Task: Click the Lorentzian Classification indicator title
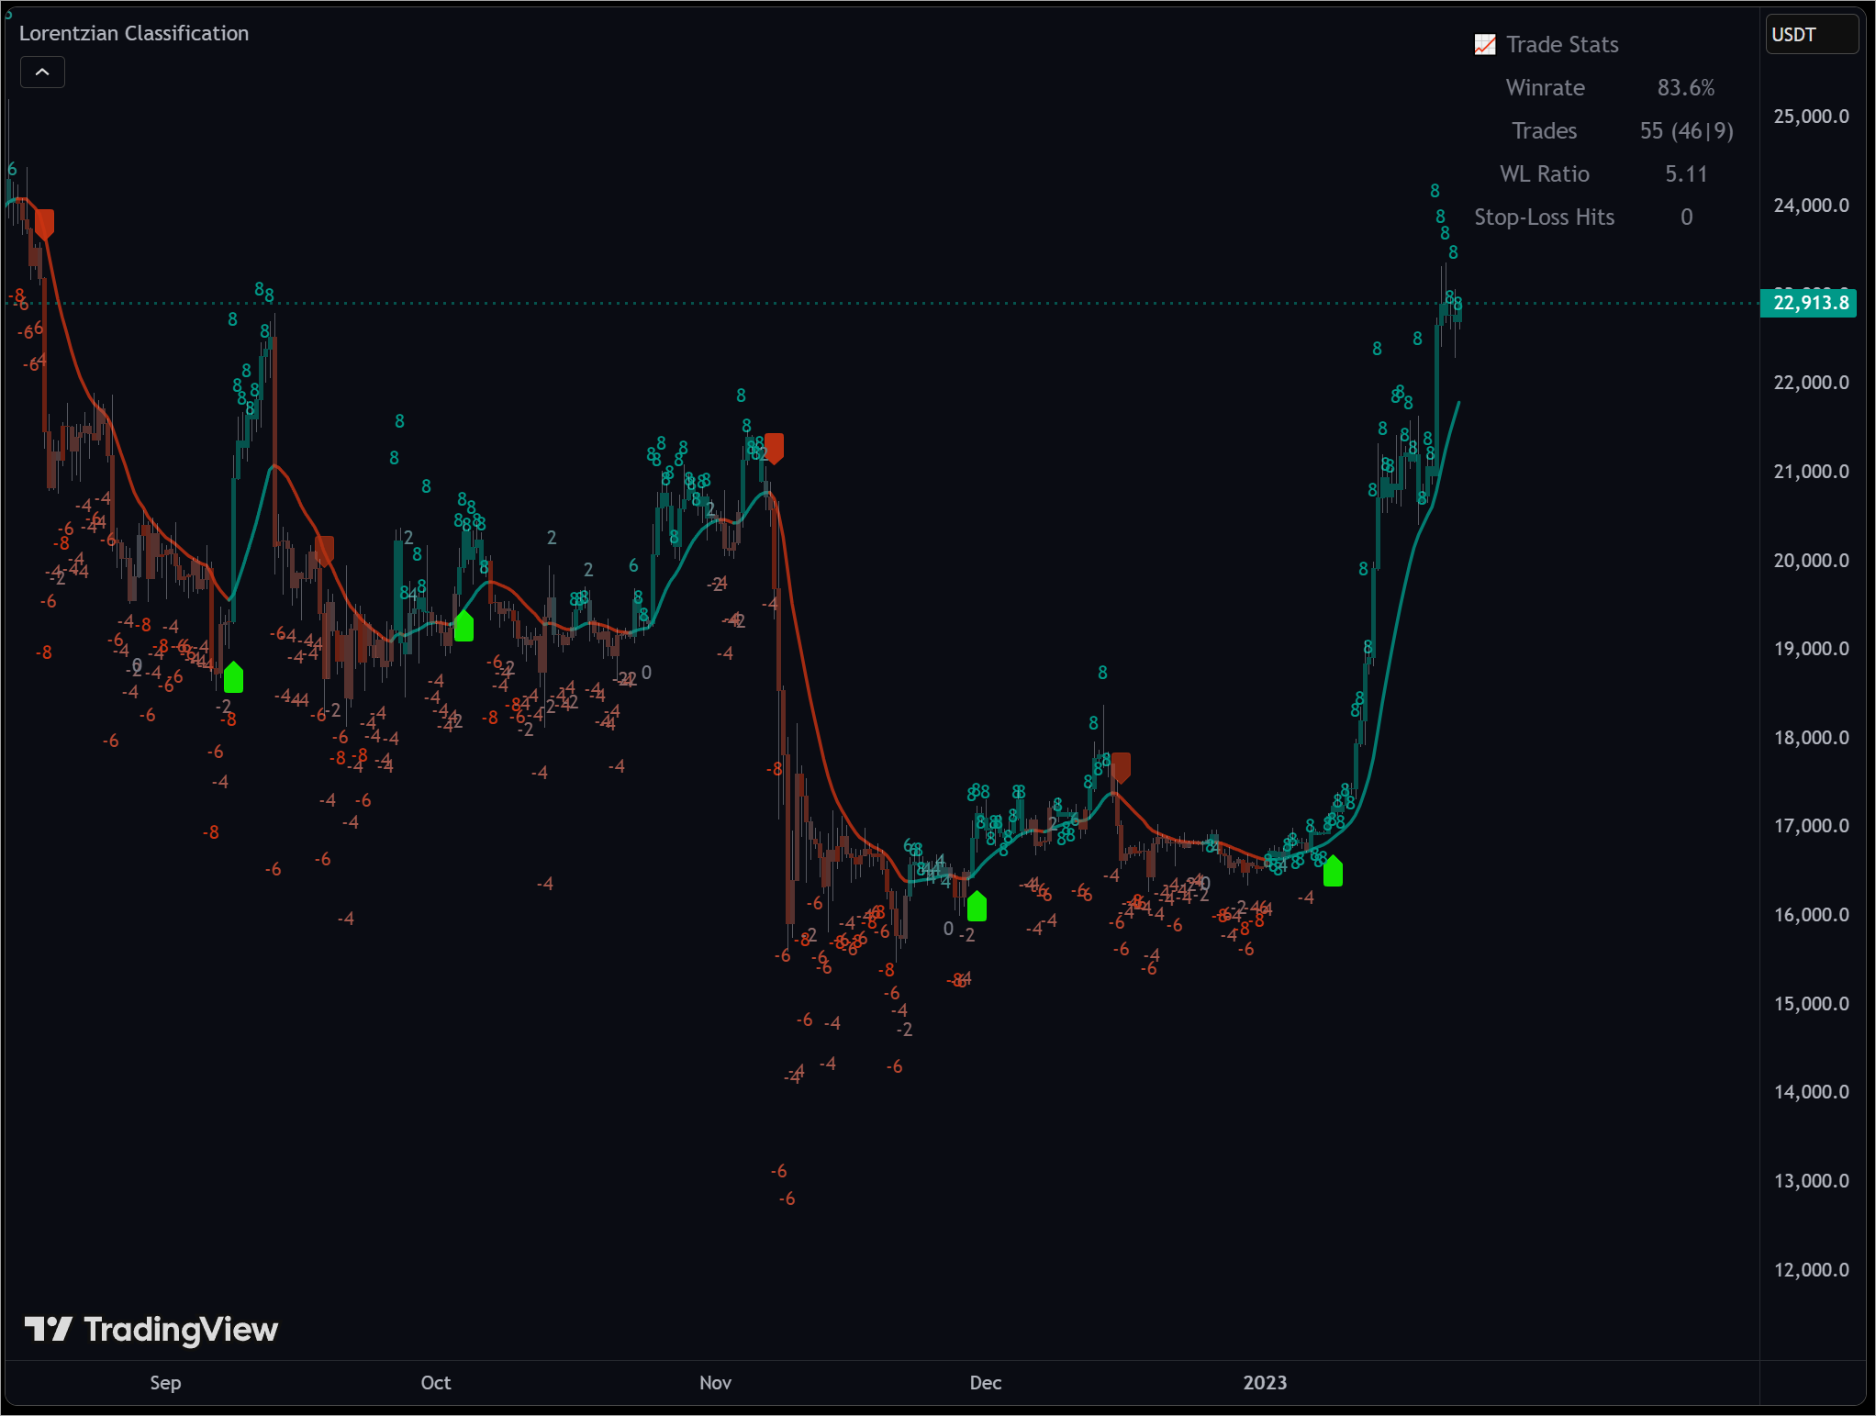pos(134,33)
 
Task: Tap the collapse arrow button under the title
pos(42,72)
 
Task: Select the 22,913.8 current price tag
pos(1808,303)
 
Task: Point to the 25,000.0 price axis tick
pos(1811,117)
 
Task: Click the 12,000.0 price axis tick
pos(1811,1269)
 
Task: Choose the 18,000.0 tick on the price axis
pos(1811,737)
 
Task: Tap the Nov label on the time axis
pos(715,1382)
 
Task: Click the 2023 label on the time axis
pos(1264,1382)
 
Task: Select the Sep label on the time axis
pos(165,1382)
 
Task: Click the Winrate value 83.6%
pos(1685,88)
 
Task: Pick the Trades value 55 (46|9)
pos(1686,131)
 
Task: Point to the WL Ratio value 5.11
pos(1686,174)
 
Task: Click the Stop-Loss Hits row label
pos(1544,217)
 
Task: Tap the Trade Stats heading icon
pos(1484,45)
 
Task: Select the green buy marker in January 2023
pos(1333,871)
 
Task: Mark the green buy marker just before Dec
pos(977,906)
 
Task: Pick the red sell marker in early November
pos(774,448)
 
